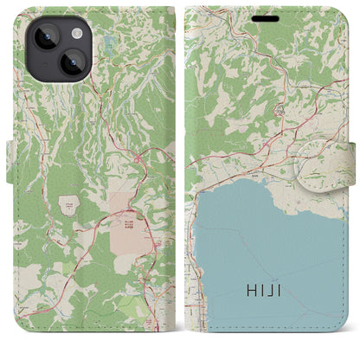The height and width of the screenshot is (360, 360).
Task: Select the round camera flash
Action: pos(75,32)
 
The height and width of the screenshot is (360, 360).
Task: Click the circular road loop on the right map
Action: pos(280,111)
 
